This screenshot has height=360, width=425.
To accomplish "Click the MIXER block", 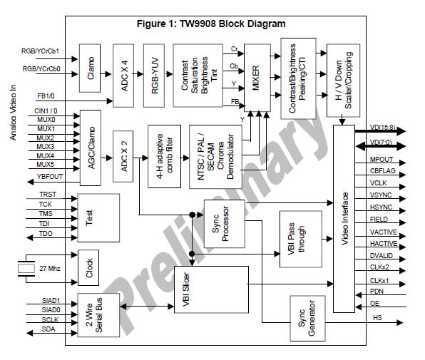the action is tap(257, 78).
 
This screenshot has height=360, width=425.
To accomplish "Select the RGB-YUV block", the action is tap(154, 76).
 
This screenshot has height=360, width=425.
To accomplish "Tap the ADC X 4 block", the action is tap(123, 76).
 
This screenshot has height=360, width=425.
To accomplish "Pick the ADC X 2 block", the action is tap(123, 156).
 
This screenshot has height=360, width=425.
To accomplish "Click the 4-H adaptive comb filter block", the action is tap(164, 156).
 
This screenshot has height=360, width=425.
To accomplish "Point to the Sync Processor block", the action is tap(225, 224).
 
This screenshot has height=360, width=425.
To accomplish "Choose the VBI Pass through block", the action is tap(301, 240).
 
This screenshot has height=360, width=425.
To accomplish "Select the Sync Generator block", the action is tap(307, 318).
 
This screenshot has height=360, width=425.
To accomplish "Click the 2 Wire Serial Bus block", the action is tap(98, 315).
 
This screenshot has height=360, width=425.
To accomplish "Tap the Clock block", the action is tap(88, 267).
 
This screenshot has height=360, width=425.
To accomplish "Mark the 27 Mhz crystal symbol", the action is tap(26, 269).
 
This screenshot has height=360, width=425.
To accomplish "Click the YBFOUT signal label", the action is tap(50, 177).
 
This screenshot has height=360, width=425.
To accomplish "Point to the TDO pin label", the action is tap(46, 234).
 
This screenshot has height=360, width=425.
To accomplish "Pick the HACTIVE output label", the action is tap(384, 244).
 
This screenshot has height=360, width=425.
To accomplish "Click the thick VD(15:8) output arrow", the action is tap(380, 131).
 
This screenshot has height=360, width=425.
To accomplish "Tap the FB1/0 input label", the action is tap(46, 96).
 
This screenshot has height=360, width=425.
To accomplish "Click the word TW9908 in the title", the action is tap(198, 24).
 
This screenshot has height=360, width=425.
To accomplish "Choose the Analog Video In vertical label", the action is tap(14, 113).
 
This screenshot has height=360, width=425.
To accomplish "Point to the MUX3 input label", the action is tap(45, 147).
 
